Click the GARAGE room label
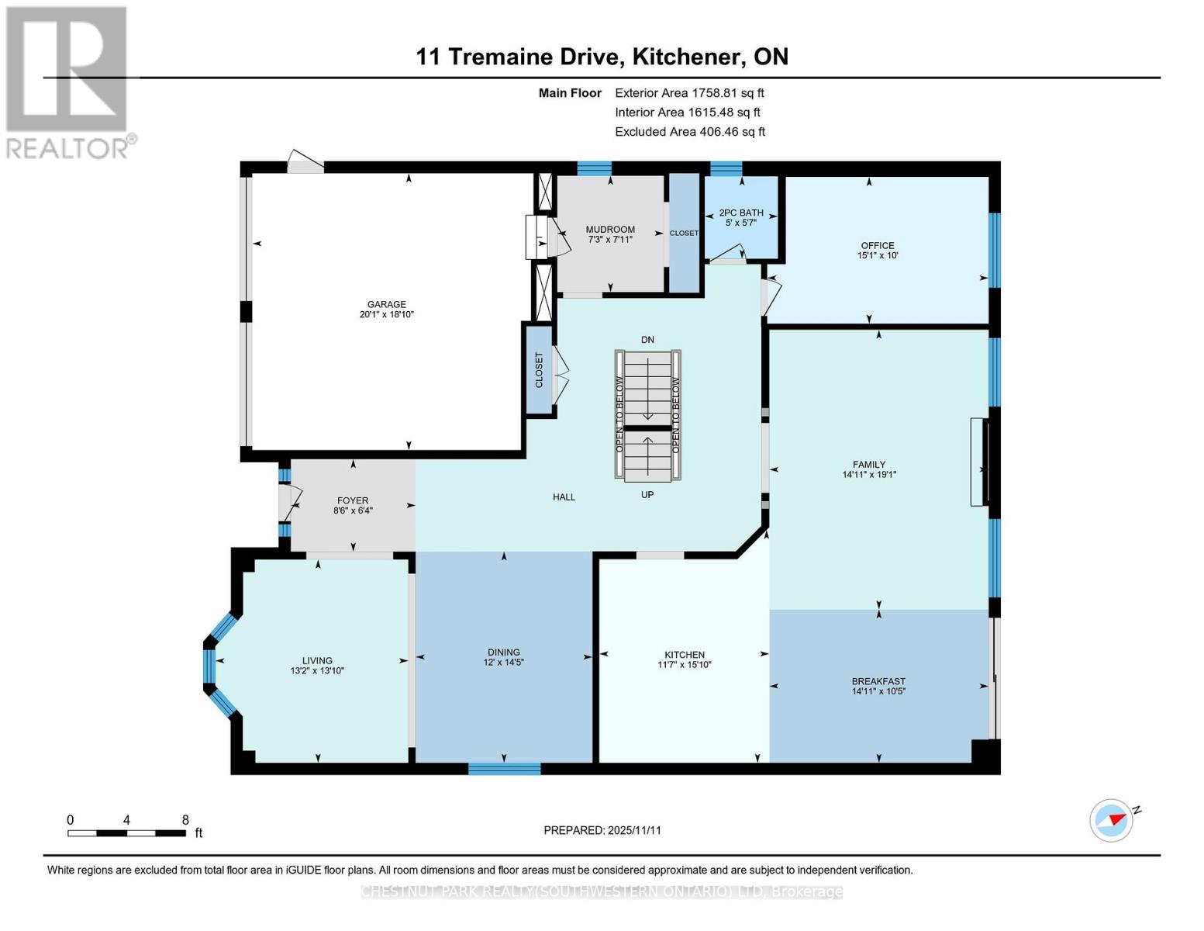pyautogui.click(x=386, y=304)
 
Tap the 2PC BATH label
pyautogui.click(x=741, y=213)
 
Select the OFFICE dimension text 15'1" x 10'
pyautogui.click(x=877, y=255)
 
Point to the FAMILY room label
pyautogui.click(x=869, y=464)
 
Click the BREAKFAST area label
pyautogui.click(x=878, y=681)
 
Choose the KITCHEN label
pyautogui.click(x=685, y=654)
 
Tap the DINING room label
pyautogui.click(x=504, y=652)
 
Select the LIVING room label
pyautogui.click(x=317, y=660)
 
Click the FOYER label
pyautogui.click(x=353, y=500)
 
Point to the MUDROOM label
pyautogui.click(x=610, y=230)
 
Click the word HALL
pyautogui.click(x=564, y=497)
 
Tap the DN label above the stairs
pyautogui.click(x=647, y=339)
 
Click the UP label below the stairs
pyautogui.click(x=647, y=495)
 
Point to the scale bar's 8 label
pyautogui.click(x=185, y=819)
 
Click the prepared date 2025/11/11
pyautogui.click(x=634, y=830)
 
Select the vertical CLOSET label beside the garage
pyautogui.click(x=539, y=370)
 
